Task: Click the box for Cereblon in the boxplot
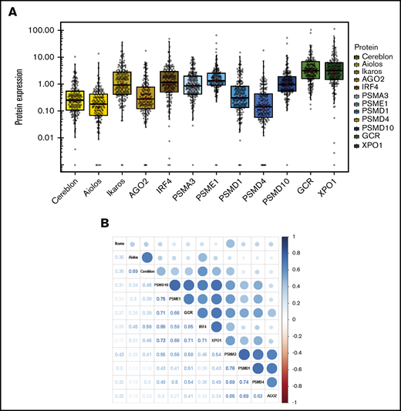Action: click(x=75, y=100)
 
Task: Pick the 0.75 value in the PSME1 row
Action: click(x=160, y=298)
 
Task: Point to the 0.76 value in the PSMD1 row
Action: click(x=228, y=368)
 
